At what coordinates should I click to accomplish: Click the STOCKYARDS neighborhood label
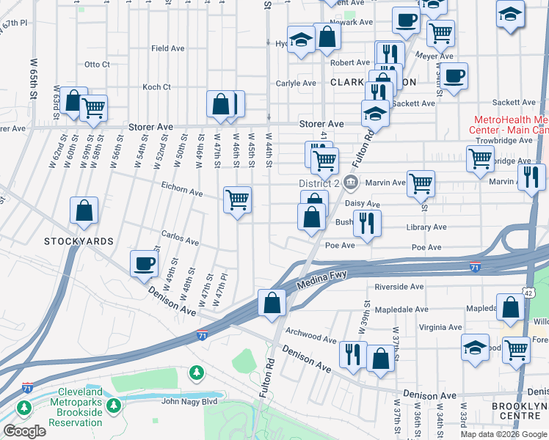[79, 241]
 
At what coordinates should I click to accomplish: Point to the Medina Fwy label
[321, 279]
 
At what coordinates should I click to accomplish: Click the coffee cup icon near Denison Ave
[144, 264]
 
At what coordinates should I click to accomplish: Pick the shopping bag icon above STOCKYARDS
[84, 210]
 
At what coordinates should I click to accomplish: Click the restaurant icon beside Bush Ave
[367, 223]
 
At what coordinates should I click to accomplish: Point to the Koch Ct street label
[156, 87]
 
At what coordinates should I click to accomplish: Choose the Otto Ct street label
[97, 65]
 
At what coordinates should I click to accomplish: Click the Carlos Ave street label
[181, 241]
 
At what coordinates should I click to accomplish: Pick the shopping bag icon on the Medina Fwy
[272, 304]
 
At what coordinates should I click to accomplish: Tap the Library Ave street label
[426, 227]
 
